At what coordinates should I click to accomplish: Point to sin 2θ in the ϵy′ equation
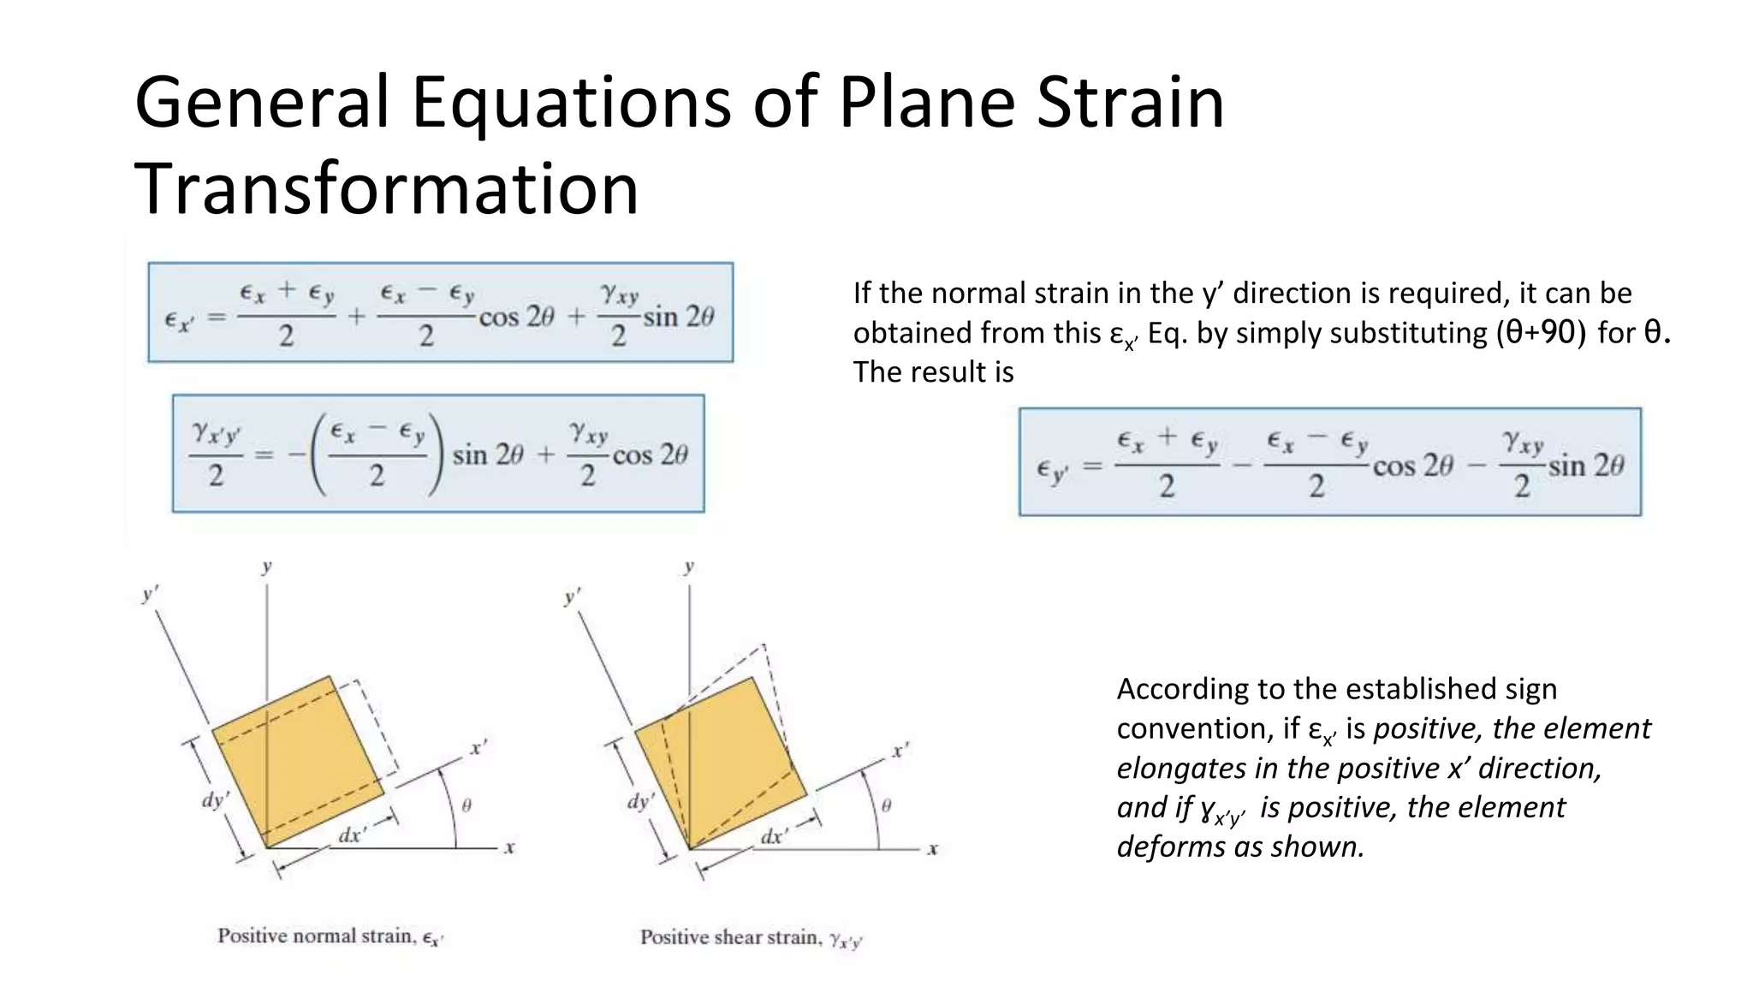(x=1585, y=466)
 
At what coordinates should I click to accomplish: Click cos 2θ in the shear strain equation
(x=650, y=454)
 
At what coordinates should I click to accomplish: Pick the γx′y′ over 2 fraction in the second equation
(x=216, y=454)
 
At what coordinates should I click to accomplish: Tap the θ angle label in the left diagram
(x=466, y=805)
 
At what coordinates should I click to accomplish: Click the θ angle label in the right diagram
(x=886, y=805)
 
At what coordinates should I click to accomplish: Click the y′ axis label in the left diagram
(x=151, y=592)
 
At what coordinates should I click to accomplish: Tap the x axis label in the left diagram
(x=509, y=848)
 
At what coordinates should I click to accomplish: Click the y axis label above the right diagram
(x=689, y=566)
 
